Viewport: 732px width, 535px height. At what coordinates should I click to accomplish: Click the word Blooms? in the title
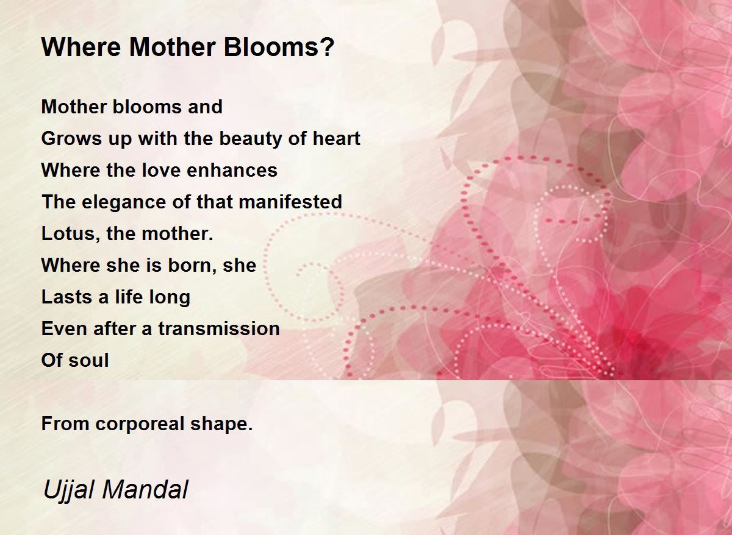pyautogui.click(x=279, y=48)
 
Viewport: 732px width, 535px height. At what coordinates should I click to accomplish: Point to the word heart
pyautogui.click(x=336, y=138)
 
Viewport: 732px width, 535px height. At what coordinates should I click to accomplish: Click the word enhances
pyautogui.click(x=232, y=171)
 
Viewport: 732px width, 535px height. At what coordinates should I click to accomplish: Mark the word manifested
pyautogui.click(x=290, y=202)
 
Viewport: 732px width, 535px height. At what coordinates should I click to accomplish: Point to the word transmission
pyautogui.click(x=219, y=328)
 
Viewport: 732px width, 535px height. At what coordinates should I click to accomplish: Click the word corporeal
pyautogui.click(x=140, y=424)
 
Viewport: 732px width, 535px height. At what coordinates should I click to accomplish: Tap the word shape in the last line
pyautogui.click(x=219, y=424)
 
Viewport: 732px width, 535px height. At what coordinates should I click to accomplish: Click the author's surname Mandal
pyautogui.click(x=145, y=490)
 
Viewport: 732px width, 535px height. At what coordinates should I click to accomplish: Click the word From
pyautogui.click(x=65, y=423)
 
